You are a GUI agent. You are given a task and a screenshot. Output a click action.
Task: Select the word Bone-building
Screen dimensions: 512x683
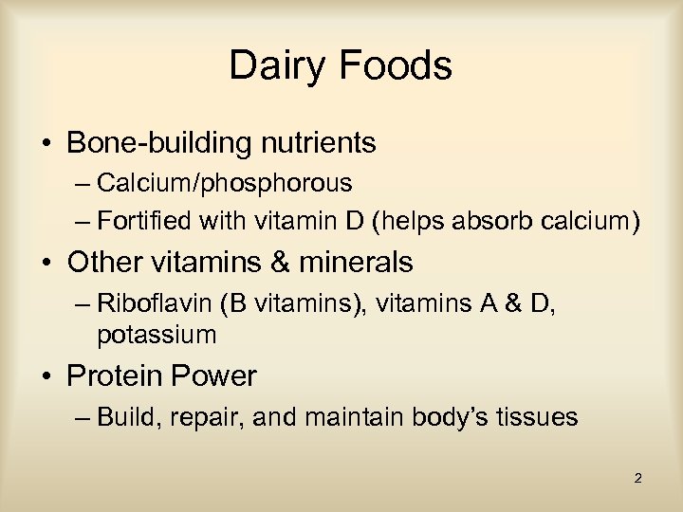(156, 144)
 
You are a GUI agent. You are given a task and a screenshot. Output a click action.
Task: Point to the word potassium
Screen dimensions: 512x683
(157, 334)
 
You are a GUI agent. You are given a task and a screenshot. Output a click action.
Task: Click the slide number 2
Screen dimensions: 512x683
(637, 478)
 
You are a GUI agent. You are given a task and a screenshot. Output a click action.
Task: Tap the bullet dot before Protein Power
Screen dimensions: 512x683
(45, 377)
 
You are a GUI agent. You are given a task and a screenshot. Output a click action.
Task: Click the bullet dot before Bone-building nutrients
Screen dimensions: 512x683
(45, 145)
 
